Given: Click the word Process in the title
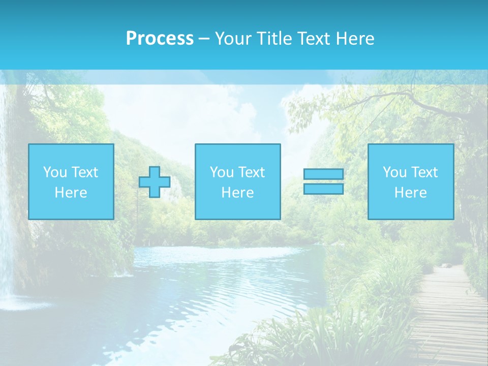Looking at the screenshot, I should click(160, 39).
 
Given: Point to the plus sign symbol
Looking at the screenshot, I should click(155, 182).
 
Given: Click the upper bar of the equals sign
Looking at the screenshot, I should click(323, 174).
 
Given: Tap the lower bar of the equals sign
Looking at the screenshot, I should click(323, 189).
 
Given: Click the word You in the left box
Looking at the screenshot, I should click(55, 172).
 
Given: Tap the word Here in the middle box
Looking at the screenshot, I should click(237, 193).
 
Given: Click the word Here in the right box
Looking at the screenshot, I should click(410, 193).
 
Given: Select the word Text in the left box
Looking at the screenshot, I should click(84, 172).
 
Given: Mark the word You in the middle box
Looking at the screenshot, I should click(222, 172).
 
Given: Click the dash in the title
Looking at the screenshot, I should click(204, 39).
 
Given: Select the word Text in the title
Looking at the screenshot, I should click(312, 39).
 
